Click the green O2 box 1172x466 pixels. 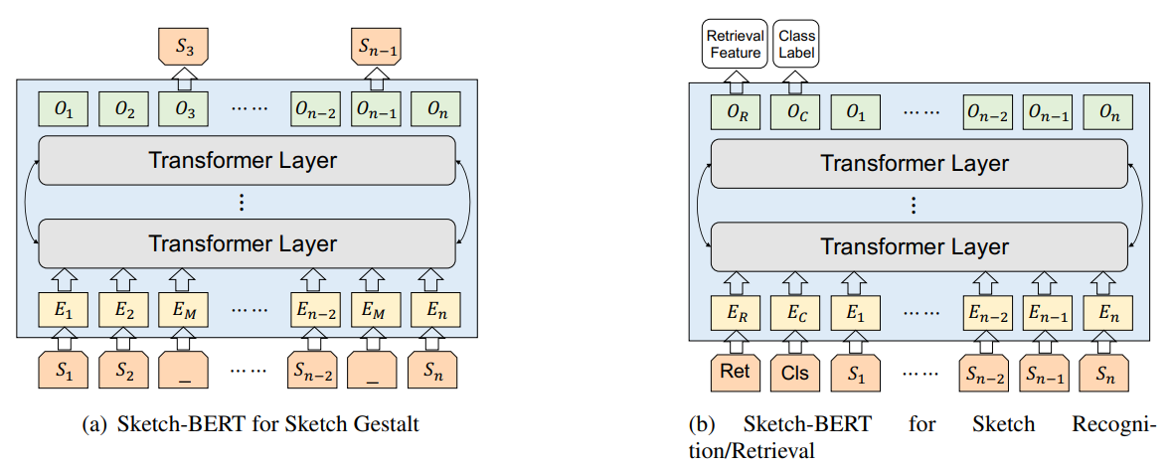click(124, 109)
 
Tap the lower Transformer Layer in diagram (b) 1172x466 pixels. click(915, 246)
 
